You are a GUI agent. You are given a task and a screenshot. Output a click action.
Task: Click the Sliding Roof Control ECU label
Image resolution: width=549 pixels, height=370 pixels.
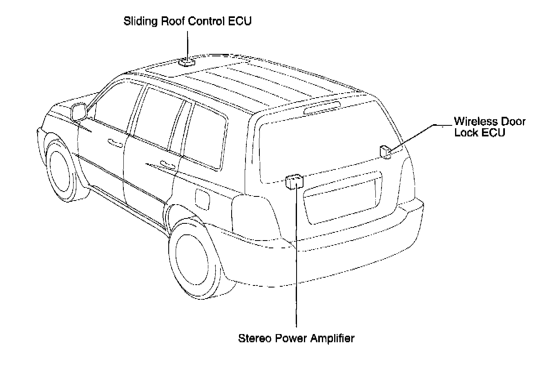[x=187, y=22]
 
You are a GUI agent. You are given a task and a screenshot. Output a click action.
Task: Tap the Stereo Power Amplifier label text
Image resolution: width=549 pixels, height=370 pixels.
[x=296, y=339]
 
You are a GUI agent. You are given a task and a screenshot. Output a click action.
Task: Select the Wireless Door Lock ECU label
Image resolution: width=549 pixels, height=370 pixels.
[x=489, y=127]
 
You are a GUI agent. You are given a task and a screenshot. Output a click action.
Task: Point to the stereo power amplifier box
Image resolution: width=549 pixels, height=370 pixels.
[x=294, y=181]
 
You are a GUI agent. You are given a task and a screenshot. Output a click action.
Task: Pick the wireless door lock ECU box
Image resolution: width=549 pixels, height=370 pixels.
[x=385, y=151]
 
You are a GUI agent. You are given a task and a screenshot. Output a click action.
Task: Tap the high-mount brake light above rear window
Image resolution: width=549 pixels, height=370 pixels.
[x=322, y=107]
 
